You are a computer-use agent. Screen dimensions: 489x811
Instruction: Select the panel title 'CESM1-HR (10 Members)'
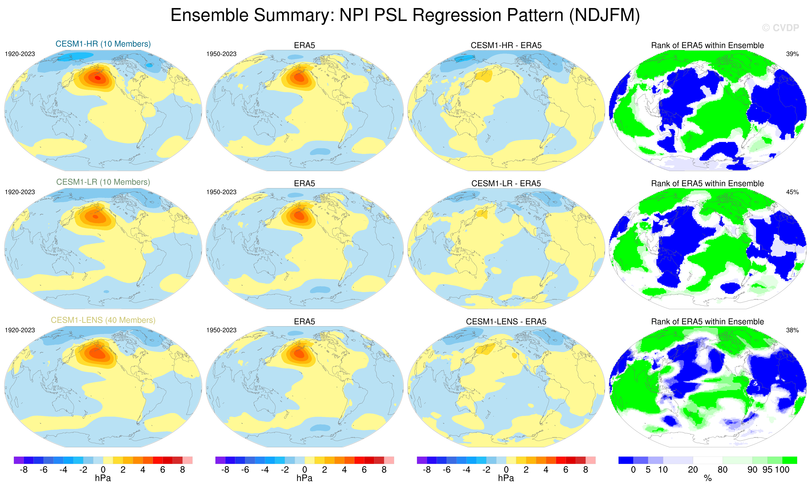click(x=103, y=44)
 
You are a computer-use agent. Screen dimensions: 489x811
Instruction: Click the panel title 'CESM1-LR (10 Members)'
click(x=103, y=182)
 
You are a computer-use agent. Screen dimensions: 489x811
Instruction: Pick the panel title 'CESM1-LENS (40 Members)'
click(x=103, y=320)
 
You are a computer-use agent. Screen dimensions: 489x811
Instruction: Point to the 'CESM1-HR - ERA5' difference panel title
click(x=506, y=45)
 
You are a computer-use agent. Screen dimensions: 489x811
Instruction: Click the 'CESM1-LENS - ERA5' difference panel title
click(x=506, y=322)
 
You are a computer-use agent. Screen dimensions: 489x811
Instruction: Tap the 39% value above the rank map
click(x=792, y=54)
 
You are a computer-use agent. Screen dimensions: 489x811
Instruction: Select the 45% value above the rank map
click(x=792, y=192)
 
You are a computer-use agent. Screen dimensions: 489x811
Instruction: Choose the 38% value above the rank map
click(x=792, y=330)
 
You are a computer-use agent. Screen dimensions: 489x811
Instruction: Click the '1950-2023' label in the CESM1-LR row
click(x=221, y=192)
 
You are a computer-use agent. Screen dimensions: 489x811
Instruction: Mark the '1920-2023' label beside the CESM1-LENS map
click(x=20, y=330)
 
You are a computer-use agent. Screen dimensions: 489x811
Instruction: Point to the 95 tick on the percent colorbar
click(x=767, y=470)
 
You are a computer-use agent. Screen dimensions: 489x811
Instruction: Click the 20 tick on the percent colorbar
click(x=693, y=470)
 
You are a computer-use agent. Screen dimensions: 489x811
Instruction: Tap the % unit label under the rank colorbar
click(x=708, y=478)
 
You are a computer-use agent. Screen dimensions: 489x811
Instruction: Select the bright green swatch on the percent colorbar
click(x=790, y=460)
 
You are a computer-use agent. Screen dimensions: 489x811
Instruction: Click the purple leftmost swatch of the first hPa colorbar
click(x=19, y=460)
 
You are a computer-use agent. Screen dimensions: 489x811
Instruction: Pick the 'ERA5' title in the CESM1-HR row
click(x=305, y=45)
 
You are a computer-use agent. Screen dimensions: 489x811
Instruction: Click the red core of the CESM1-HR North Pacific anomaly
click(x=98, y=78)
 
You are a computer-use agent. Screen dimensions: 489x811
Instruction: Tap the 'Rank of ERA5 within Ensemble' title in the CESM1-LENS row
click(x=707, y=322)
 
